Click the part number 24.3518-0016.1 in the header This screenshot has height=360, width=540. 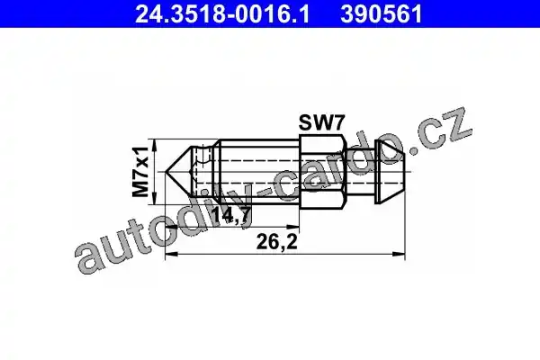coord(222,13)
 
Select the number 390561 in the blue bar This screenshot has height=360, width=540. coord(382,13)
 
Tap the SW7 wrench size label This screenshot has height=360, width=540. coord(321,122)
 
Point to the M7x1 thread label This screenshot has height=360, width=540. coord(140,172)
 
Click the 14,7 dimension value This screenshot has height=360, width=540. coord(230,216)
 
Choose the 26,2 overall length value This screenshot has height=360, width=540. coord(276,242)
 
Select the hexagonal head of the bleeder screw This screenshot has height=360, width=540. coord(321,172)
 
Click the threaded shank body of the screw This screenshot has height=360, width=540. coord(258,172)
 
